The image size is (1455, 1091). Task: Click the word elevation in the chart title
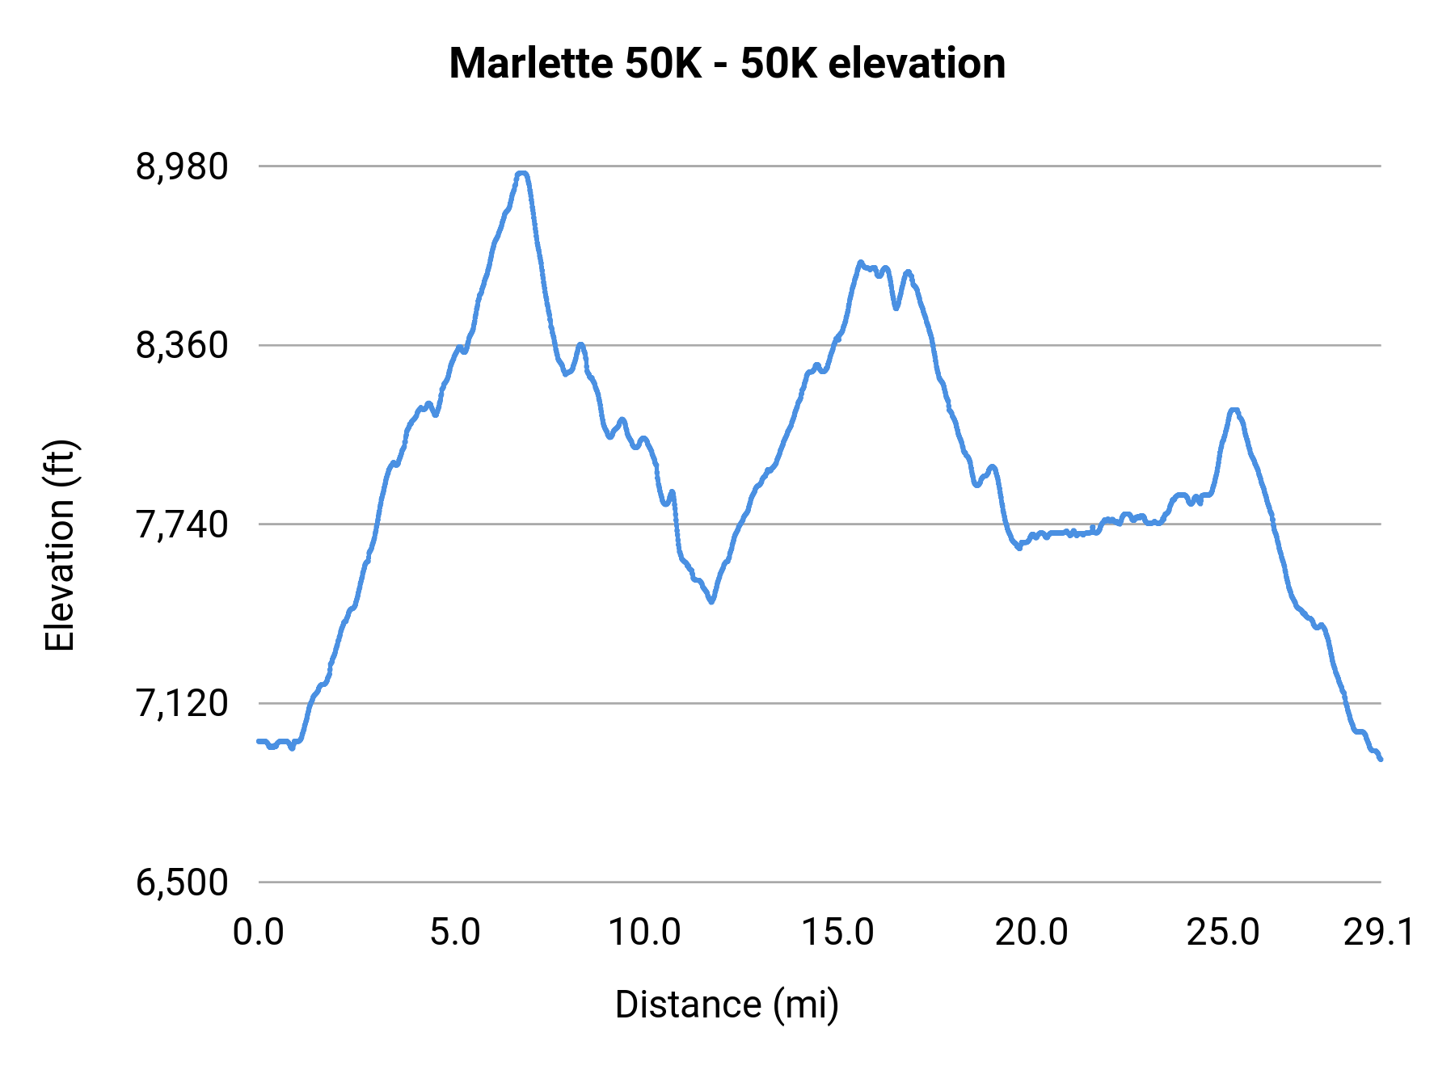pos(917,64)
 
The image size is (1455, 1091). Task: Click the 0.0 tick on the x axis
pos(259,933)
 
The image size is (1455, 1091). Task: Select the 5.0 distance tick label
pos(455,933)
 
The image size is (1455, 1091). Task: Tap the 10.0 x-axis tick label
pos(644,933)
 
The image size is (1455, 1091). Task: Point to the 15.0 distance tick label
pos(837,933)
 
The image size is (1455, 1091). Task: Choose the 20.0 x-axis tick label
pos(1031,933)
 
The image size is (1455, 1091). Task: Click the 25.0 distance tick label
pos(1223,933)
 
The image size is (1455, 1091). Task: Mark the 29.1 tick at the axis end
pos(1379,933)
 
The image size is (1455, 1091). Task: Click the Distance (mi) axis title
pos(727,1005)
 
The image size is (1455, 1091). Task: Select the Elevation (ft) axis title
pos(60,545)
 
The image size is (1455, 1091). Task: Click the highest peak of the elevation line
pos(522,173)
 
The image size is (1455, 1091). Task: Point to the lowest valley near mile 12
pos(711,601)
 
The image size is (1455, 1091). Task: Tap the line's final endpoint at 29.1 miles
pos(1381,759)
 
